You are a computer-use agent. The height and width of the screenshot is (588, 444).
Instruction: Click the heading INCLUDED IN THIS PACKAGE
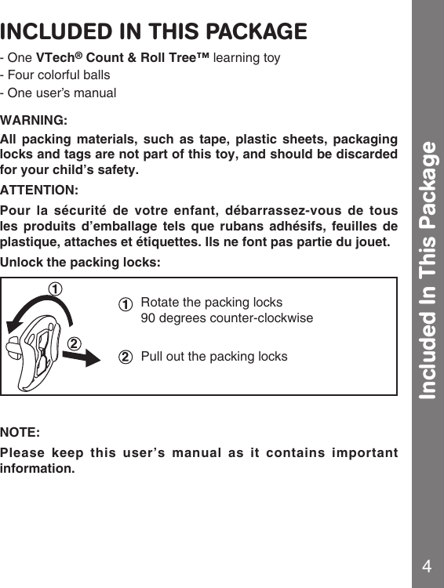pyautogui.click(x=154, y=32)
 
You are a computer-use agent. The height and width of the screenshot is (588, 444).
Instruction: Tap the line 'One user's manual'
pyautogui.click(x=60, y=93)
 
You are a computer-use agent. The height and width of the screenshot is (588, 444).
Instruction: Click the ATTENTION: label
pyautogui.click(x=39, y=191)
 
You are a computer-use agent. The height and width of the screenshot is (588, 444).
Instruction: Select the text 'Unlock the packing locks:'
pyautogui.click(x=81, y=262)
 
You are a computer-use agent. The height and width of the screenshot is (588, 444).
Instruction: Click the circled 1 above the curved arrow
pyautogui.click(x=56, y=289)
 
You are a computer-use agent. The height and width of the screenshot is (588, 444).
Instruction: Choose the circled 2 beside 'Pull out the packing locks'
pyautogui.click(x=125, y=358)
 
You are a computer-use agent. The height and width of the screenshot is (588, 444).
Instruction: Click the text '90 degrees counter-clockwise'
pyautogui.click(x=226, y=319)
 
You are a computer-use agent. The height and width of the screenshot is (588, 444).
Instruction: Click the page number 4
pyautogui.click(x=427, y=567)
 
